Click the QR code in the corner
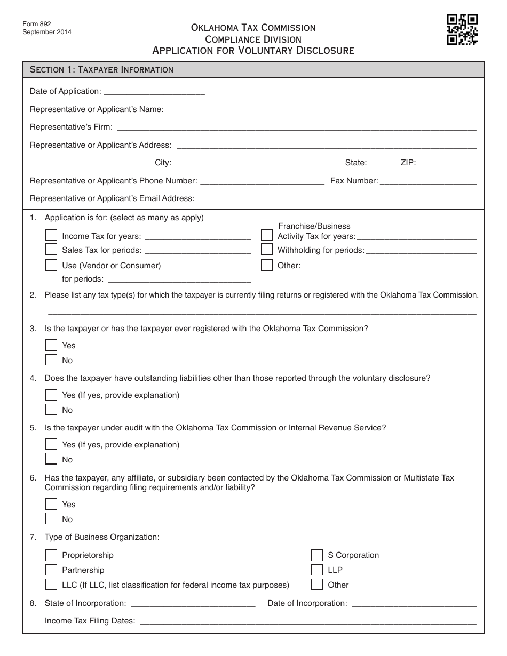(462, 30)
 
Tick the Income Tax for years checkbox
(51, 235)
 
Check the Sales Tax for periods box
(51, 250)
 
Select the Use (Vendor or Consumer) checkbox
(51, 265)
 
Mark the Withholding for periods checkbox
(267, 250)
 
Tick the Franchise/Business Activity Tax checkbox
(267, 235)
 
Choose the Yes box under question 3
(51, 345)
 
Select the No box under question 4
(51, 410)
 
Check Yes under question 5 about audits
(51, 444)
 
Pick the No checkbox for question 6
(51, 519)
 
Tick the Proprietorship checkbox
(51, 555)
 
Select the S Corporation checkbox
(317, 555)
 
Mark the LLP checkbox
(317, 570)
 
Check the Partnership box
(51, 570)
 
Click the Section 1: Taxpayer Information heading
(101, 69)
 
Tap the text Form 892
(33, 25)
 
